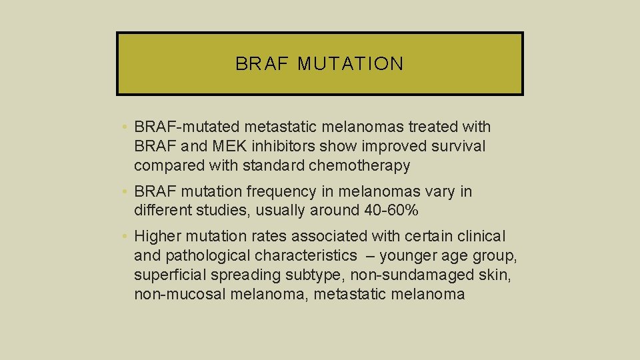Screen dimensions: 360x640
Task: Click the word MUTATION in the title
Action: coord(351,64)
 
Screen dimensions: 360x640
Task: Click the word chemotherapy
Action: coord(360,165)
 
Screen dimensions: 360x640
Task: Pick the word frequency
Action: coord(280,192)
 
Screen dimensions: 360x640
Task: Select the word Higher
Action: coord(157,236)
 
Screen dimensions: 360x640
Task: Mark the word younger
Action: coord(407,255)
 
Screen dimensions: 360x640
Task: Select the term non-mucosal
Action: coord(178,294)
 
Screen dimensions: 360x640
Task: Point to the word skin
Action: coord(497,275)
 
